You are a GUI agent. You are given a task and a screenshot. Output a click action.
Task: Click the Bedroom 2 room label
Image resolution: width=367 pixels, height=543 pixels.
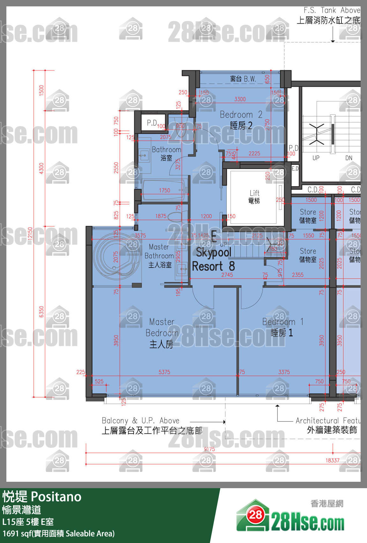[x=241, y=120]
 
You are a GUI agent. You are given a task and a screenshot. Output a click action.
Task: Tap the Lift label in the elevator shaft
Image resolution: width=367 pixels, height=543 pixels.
[x=254, y=196]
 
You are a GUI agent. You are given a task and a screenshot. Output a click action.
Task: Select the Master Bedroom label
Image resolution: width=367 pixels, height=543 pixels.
[x=162, y=333]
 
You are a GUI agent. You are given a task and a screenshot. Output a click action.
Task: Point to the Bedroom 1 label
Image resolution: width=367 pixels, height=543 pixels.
[x=283, y=327]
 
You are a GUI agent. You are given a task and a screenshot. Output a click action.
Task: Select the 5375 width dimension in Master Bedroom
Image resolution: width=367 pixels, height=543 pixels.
[x=164, y=372]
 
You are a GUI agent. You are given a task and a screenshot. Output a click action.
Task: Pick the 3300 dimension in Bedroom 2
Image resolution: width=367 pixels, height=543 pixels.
[x=240, y=99]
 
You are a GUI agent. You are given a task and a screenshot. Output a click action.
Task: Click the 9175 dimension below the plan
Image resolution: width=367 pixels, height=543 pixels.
[x=209, y=449]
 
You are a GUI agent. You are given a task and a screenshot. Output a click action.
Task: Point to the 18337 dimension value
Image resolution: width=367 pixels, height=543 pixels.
[x=332, y=460]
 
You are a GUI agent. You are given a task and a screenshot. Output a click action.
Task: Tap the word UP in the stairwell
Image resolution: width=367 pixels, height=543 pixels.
[x=316, y=158]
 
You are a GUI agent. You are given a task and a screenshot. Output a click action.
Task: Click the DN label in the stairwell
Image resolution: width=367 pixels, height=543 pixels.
[x=349, y=158]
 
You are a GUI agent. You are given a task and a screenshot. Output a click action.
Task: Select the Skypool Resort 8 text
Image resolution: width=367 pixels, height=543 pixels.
[x=213, y=259]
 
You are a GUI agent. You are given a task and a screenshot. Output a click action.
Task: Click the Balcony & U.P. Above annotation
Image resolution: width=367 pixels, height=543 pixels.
[x=141, y=421]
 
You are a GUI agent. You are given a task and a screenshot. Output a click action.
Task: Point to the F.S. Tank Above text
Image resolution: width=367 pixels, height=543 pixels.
[x=332, y=10]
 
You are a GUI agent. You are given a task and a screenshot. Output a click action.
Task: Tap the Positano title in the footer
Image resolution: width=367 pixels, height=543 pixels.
[x=56, y=497]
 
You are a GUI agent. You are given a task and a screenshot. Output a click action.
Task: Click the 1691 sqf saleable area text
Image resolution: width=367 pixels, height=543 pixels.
[x=58, y=533]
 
